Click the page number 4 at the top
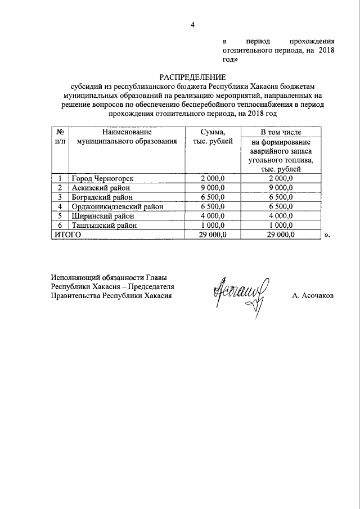[x=192, y=24]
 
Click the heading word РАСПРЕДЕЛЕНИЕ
[x=192, y=77]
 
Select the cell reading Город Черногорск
[x=102, y=178]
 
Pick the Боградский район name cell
[x=100, y=197]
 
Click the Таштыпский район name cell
[x=101, y=226]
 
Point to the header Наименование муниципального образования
[x=127, y=136]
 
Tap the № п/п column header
[x=60, y=136]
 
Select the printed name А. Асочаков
[x=312, y=295]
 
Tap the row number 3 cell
[x=60, y=197]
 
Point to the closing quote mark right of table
[x=327, y=235]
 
